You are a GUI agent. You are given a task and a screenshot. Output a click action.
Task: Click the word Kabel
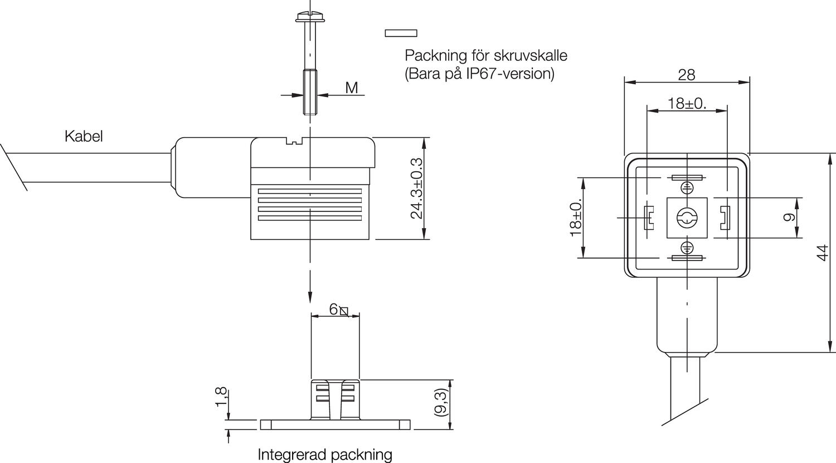point(84,136)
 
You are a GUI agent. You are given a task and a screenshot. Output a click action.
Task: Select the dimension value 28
point(686,75)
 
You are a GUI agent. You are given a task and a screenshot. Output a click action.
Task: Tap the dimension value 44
point(822,253)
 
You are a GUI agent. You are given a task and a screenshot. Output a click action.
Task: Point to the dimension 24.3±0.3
point(416,188)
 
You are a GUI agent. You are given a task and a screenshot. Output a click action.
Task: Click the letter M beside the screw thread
point(351,88)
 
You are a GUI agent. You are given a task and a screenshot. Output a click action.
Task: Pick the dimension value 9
point(789,217)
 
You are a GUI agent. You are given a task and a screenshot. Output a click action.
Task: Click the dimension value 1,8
point(221,397)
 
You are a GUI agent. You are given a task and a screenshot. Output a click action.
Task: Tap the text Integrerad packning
point(325,455)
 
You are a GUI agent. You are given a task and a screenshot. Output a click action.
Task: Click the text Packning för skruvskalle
point(485,56)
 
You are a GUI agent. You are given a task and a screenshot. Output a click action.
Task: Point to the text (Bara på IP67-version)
point(479,74)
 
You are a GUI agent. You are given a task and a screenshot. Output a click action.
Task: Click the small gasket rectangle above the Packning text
point(401,33)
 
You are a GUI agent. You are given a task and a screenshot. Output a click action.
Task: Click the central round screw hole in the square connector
point(687,218)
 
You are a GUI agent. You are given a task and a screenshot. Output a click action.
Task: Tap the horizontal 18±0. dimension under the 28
point(687,103)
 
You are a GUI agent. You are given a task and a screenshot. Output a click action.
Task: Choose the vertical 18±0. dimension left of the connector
point(576,217)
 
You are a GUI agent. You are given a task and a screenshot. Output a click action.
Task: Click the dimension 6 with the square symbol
point(338,310)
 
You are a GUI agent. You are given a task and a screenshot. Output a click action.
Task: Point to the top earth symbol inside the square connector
point(687,187)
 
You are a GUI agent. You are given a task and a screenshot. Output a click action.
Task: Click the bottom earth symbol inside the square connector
point(687,247)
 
